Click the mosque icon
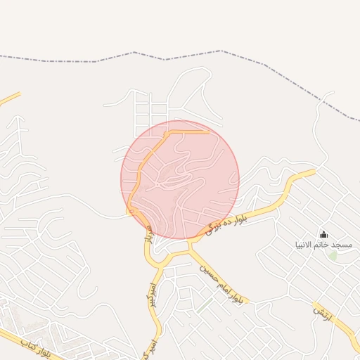click(x=323, y=234)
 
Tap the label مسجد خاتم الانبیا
click(x=323, y=245)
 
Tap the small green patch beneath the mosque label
click(x=333, y=255)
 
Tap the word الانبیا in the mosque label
click(x=305, y=245)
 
